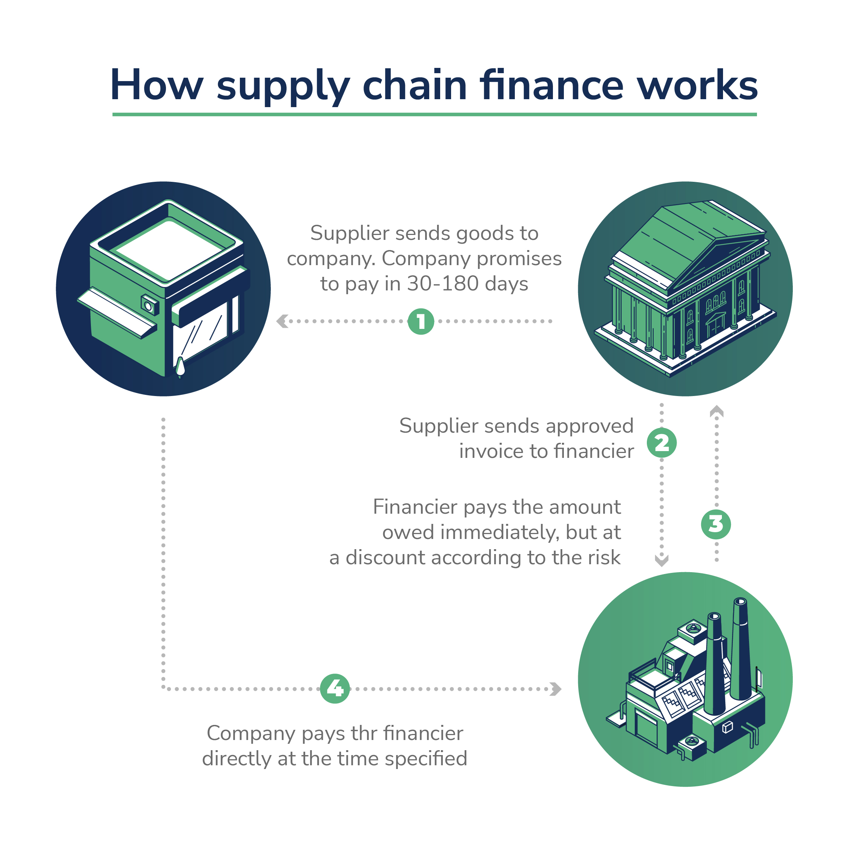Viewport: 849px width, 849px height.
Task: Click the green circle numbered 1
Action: coord(421,321)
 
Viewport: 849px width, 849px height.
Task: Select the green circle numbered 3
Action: coord(716,524)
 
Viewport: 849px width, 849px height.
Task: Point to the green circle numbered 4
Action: coord(335,689)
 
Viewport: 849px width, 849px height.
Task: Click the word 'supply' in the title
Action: coord(283,86)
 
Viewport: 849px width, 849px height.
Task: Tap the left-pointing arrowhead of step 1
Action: coord(282,321)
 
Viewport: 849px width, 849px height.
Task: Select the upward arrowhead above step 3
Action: coord(716,411)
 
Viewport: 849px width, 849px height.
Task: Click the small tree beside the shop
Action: coord(180,367)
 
